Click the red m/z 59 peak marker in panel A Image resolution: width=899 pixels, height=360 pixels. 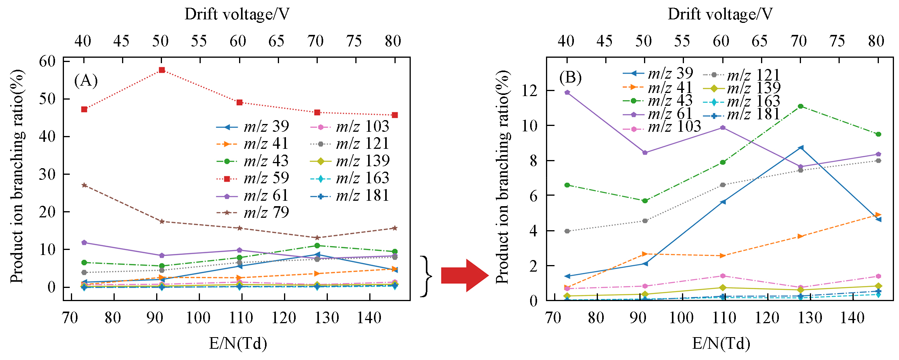[x=162, y=70]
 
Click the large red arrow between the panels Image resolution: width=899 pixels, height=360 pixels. [x=465, y=276]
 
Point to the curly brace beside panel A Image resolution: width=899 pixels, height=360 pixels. [x=426, y=276]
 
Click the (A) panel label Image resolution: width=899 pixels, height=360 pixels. [x=86, y=81]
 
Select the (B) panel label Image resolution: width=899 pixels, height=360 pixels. [x=570, y=78]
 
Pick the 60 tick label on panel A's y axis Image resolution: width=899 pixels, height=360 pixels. [x=47, y=61]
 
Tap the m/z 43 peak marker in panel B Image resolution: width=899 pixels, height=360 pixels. [x=801, y=107]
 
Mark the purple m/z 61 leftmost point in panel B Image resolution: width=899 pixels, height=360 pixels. [x=567, y=93]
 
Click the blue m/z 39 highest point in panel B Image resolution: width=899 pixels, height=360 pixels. [x=801, y=148]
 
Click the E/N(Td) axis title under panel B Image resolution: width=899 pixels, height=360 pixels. [x=721, y=343]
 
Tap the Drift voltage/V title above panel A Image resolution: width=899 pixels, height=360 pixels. [x=237, y=14]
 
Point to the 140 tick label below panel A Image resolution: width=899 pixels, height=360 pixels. [x=369, y=318]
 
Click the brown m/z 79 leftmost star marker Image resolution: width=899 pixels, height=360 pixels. [x=84, y=185]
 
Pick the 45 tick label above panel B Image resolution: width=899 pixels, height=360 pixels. [x=604, y=41]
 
